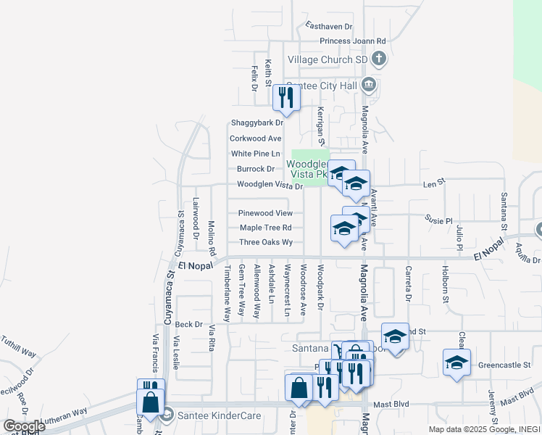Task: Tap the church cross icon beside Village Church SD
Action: [378, 59]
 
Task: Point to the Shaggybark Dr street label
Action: [257, 123]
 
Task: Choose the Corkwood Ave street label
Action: [255, 138]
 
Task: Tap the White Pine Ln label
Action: [255, 154]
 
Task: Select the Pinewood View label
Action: [265, 213]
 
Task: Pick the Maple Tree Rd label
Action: [265, 228]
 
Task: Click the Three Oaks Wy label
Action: [265, 242]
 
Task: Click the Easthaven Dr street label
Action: [328, 26]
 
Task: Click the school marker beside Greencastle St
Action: [456, 362]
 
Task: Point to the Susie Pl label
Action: [438, 220]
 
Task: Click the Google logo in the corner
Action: [25, 426]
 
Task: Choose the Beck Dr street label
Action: [188, 324]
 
